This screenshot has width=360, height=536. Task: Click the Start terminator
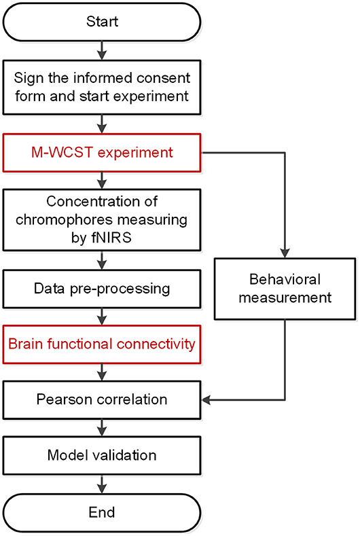[x=101, y=21]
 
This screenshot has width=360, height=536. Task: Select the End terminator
[x=101, y=511]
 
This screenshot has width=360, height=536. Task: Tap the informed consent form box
[x=101, y=87]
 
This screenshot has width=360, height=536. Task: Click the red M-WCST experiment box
[x=101, y=152]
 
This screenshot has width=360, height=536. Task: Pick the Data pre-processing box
[x=101, y=288]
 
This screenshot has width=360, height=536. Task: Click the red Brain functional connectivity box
[x=101, y=344]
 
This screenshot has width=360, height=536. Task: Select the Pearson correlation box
[x=101, y=399]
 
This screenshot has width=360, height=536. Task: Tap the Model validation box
[x=101, y=454]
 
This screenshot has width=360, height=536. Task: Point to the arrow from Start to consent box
[x=101, y=50]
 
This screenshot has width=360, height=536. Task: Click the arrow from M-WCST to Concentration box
[x=101, y=179]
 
